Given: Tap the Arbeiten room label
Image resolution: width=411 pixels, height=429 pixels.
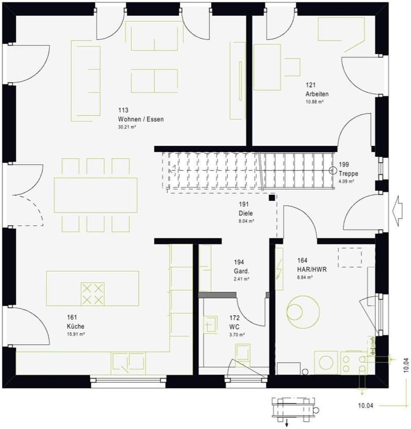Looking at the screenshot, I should tap(317, 94).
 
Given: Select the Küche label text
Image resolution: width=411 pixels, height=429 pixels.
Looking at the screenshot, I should tap(75, 326).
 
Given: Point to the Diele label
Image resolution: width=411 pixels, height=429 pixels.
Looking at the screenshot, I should tap(245, 213).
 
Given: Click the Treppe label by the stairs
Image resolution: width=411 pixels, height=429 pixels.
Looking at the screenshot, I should tap(349, 173).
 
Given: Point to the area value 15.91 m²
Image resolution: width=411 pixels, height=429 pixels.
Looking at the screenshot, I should tap(76, 334).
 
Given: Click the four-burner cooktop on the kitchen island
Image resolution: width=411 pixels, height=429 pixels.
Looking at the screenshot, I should tap(92, 294).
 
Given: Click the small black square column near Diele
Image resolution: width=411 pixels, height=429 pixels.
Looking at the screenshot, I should tap(272, 197).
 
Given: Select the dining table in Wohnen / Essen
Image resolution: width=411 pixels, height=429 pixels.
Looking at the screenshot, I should tap(96, 195).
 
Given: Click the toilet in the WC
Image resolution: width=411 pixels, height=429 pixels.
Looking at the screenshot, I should tap(242, 352).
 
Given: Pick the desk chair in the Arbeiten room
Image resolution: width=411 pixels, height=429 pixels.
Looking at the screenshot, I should tap(293, 67).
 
